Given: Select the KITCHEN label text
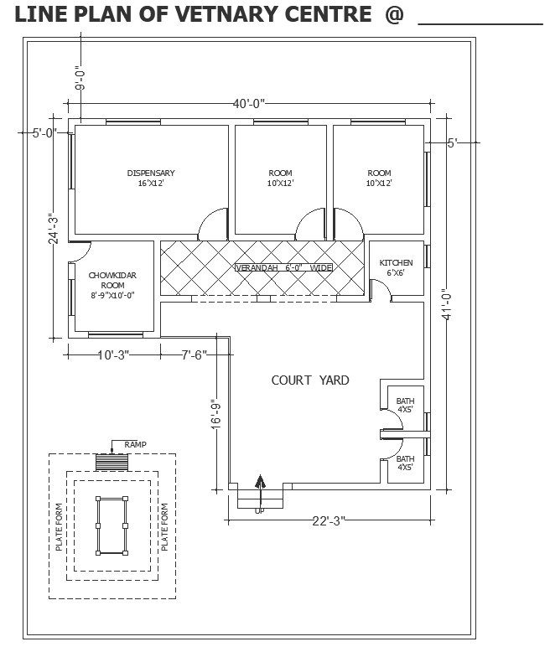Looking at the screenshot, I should (396, 262).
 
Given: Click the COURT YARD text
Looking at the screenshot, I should (310, 380).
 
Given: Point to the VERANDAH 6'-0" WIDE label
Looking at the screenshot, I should (283, 268).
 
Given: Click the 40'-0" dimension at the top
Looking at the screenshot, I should (249, 104).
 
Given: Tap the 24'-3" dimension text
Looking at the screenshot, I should (53, 228).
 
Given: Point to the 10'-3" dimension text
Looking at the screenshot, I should (112, 355).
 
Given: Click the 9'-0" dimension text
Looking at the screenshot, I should (80, 77).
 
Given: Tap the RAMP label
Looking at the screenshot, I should (135, 444).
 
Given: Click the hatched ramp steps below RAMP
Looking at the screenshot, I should (112, 462).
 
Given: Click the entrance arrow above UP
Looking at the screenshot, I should (260, 486).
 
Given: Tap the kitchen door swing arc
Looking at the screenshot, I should (381, 290).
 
